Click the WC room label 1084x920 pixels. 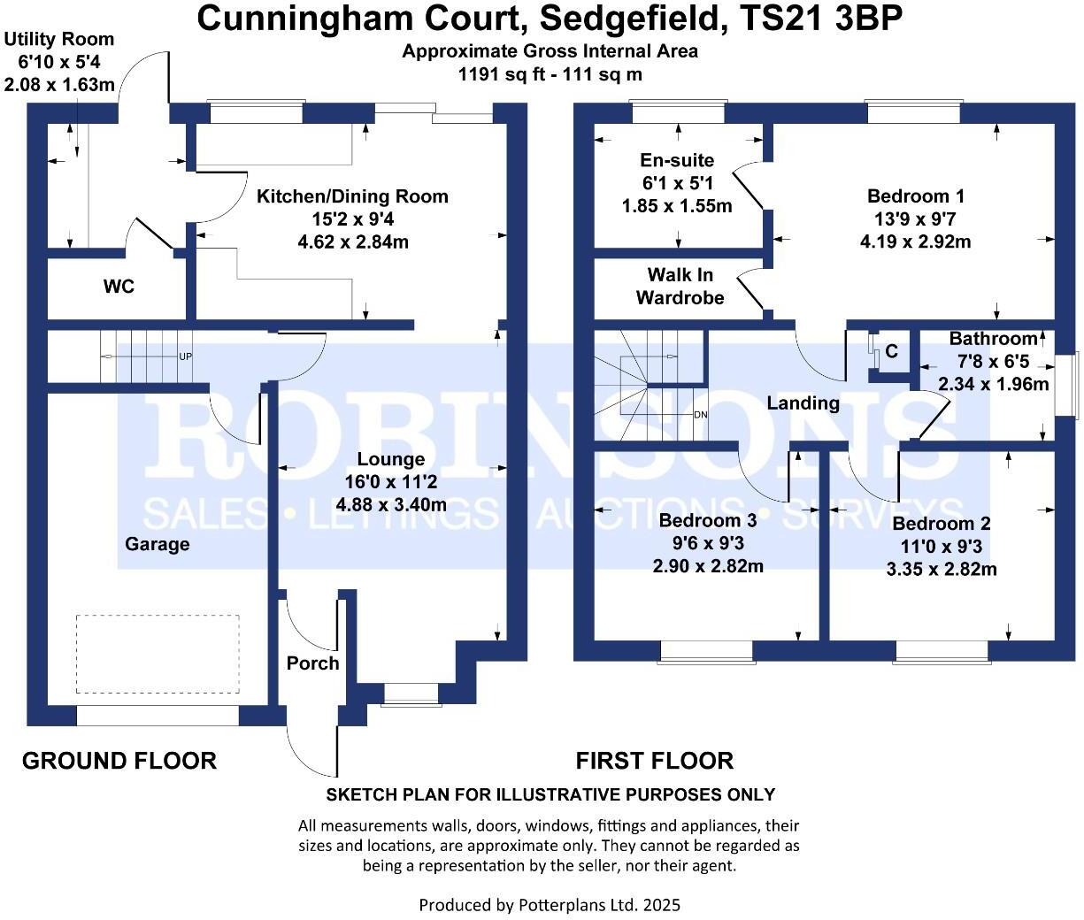tap(119, 287)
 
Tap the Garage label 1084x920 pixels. tap(157, 544)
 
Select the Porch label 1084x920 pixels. tap(312, 663)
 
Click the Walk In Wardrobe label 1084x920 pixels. tap(680, 287)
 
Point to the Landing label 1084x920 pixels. tap(803, 403)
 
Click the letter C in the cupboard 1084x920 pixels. tap(891, 352)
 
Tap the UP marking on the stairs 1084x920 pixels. tap(186, 357)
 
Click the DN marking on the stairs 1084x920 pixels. tap(700, 415)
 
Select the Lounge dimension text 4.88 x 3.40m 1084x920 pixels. tap(391, 505)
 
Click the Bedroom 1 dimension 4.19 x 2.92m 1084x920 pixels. tap(915, 241)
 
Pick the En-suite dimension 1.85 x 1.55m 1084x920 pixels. tap(677, 206)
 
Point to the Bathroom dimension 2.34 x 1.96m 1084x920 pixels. tap(993, 384)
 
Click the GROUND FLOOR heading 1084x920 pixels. tap(119, 761)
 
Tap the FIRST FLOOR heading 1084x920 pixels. tap(654, 761)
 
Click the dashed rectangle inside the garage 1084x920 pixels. tap(158, 655)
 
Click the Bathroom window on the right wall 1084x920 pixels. tap(1074, 384)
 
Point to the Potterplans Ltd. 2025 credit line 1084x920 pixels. tap(549, 905)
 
